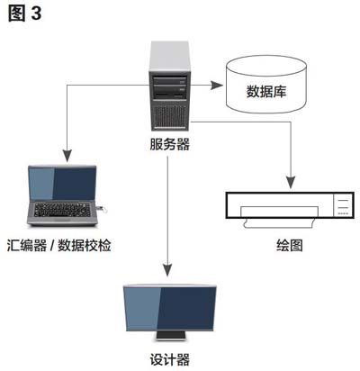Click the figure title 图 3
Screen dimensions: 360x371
[24, 14]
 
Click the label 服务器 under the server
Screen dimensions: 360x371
[170, 144]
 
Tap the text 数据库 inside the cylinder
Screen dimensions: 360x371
[266, 92]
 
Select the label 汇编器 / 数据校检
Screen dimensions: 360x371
[59, 245]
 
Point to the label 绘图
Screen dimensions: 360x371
[290, 245]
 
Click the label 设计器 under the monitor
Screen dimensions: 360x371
[170, 359]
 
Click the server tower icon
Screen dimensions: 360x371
[170, 86]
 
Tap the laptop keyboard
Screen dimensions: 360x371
[62, 210]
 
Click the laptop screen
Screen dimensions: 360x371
[62, 184]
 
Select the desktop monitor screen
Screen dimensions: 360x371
[170, 308]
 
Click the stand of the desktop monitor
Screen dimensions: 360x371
[170, 336]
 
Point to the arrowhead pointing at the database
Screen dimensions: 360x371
[217, 86]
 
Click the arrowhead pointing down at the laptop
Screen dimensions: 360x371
[67, 156]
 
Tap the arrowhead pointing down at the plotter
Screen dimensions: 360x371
[291, 182]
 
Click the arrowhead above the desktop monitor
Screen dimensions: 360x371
[167, 269]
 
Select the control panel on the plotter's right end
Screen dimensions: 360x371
[344, 205]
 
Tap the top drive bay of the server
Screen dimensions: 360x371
[170, 81]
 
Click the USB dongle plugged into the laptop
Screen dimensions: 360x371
[102, 208]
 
